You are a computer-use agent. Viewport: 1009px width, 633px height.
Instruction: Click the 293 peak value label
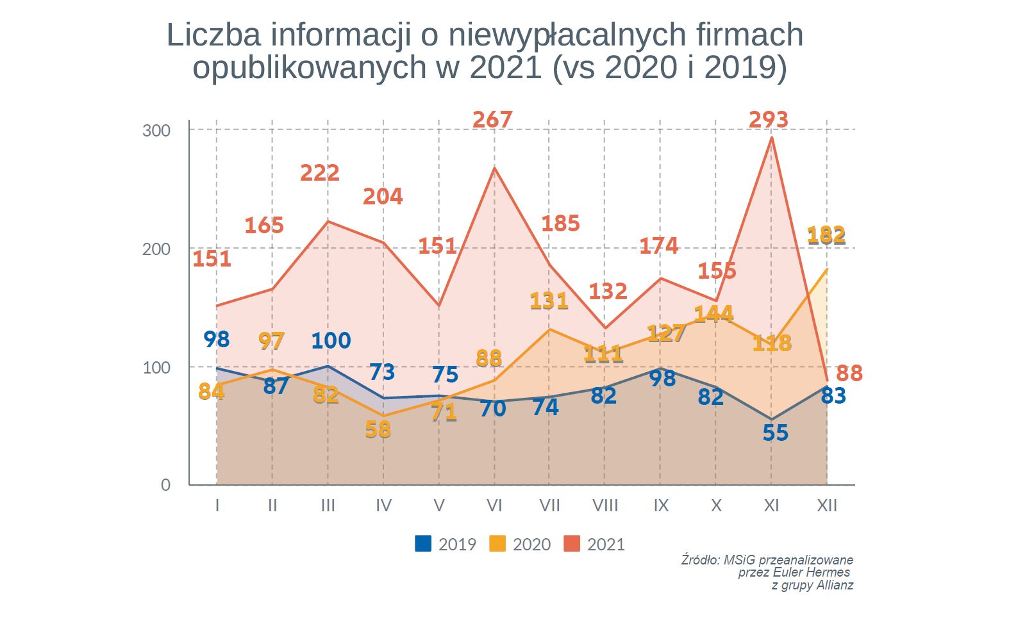click(x=768, y=120)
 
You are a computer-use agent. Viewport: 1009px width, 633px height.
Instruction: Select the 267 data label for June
click(x=492, y=120)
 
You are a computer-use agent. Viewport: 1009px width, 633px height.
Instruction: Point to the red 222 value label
click(x=319, y=173)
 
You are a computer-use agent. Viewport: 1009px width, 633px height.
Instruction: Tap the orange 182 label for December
click(x=826, y=235)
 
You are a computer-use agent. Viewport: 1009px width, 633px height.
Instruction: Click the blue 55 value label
click(x=775, y=433)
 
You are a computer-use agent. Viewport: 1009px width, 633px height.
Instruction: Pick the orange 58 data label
click(x=378, y=429)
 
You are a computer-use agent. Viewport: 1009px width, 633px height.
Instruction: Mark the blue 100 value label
click(x=331, y=340)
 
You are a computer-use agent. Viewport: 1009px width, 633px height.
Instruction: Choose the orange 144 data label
click(x=713, y=313)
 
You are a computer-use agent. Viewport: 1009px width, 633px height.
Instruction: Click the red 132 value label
click(x=608, y=292)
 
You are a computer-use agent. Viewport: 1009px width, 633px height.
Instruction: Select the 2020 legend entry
click(x=520, y=544)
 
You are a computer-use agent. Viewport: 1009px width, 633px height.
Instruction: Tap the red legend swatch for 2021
click(x=571, y=544)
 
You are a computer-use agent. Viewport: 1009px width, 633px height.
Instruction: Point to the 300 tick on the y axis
click(x=156, y=131)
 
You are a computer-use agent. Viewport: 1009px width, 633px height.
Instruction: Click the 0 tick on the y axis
click(x=165, y=485)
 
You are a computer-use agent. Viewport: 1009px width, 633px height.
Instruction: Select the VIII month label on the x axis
click(x=605, y=506)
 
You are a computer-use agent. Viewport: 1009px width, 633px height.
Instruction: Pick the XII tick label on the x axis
click(x=826, y=506)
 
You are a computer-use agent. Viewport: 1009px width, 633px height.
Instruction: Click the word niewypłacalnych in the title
click(x=557, y=35)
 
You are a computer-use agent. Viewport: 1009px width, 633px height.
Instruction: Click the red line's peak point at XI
click(x=772, y=137)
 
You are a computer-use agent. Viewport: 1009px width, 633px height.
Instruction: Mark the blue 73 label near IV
click(x=382, y=372)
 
